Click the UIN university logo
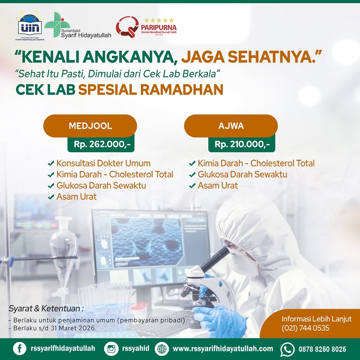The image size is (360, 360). [x=30, y=27]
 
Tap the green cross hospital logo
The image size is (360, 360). [x=55, y=22]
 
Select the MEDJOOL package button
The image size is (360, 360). [x=90, y=126]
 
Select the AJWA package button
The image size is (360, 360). [x=231, y=126]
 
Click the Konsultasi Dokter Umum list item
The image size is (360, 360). [x=103, y=163]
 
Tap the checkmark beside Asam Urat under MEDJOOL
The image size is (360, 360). [x=51, y=197]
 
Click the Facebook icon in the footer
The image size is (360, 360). [x=19, y=349]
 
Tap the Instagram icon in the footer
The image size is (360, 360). [x=111, y=349]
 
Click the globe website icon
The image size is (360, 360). [x=162, y=349]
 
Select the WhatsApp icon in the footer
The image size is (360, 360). [x=287, y=349]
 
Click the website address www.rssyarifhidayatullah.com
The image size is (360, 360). [x=223, y=349]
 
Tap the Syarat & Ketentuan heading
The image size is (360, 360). [x=46, y=309]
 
